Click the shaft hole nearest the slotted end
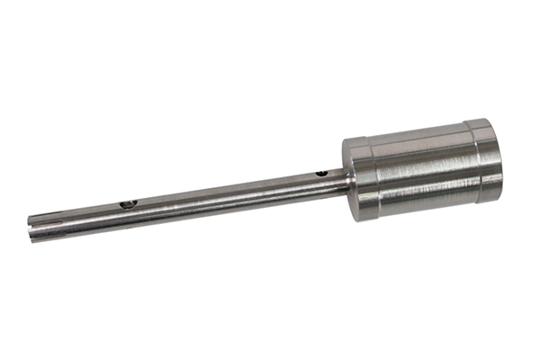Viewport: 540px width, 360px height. click(128, 204)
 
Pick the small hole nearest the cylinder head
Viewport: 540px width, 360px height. click(321, 172)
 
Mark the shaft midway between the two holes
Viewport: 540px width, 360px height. click(225, 193)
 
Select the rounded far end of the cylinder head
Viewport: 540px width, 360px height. click(498, 157)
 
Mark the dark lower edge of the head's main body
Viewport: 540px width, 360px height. click(423, 205)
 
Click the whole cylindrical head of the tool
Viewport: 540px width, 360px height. click(423, 169)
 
